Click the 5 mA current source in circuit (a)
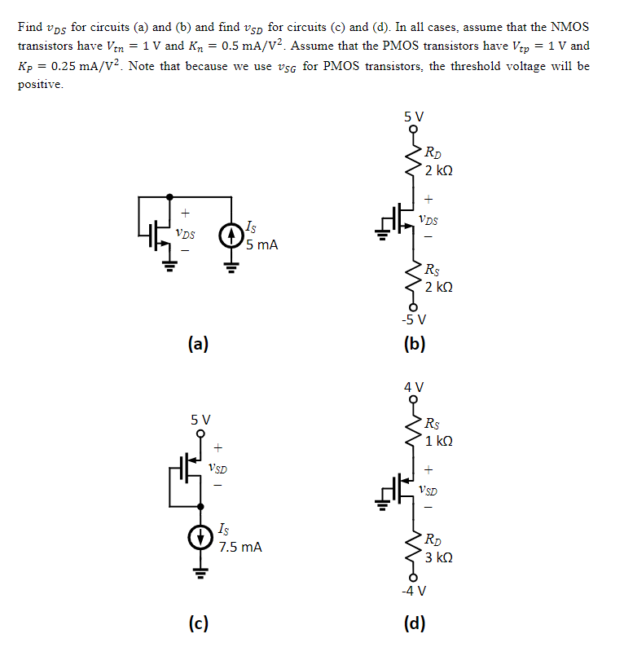coord(231,236)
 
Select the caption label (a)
coord(197,344)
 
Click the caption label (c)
coord(197,625)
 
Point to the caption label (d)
coord(415,625)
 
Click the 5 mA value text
coord(261,244)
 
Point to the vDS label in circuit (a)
coord(184,232)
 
